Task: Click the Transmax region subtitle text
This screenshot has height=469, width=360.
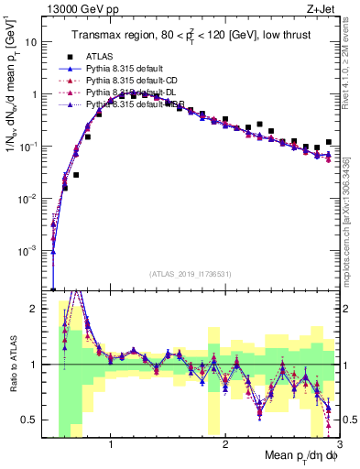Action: [x=192, y=36]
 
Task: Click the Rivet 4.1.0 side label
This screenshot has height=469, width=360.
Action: [x=350, y=64]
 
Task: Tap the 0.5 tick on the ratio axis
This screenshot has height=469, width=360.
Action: [x=38, y=420]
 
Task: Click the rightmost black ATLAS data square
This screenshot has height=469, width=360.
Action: [x=328, y=142]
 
